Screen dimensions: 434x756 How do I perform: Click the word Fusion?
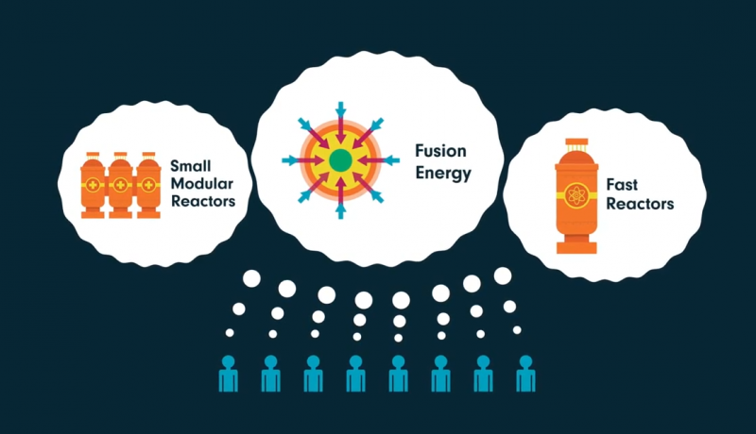(440, 150)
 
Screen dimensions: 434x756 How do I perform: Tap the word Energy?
(442, 174)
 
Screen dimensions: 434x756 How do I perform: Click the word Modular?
(202, 183)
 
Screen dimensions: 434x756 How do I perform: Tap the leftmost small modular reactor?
(94, 185)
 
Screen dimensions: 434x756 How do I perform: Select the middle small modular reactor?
(120, 185)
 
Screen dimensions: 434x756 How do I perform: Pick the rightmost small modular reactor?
(147, 185)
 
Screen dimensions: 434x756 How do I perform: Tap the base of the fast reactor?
(576, 247)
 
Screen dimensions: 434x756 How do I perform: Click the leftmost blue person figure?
(228, 374)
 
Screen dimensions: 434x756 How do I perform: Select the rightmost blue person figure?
(526, 374)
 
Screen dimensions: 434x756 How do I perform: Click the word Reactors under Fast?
(640, 204)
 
